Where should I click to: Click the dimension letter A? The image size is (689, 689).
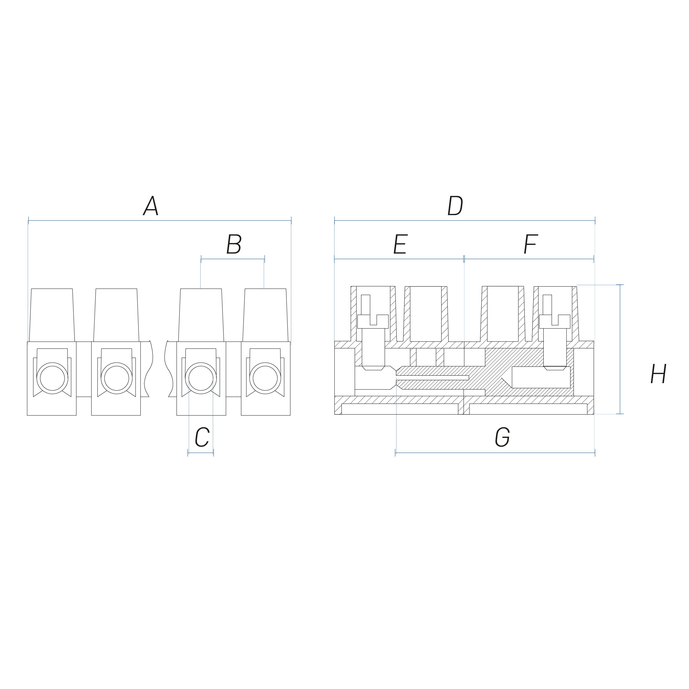[151, 206]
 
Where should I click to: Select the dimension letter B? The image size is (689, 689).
[234, 245]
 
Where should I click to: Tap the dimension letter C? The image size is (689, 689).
[202, 437]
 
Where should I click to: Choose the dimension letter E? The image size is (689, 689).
[400, 245]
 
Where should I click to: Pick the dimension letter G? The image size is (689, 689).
[502, 437]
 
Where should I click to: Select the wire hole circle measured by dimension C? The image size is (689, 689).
[201, 378]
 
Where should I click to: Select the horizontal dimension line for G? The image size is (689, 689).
[495, 453]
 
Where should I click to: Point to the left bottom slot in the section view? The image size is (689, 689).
[400, 409]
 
